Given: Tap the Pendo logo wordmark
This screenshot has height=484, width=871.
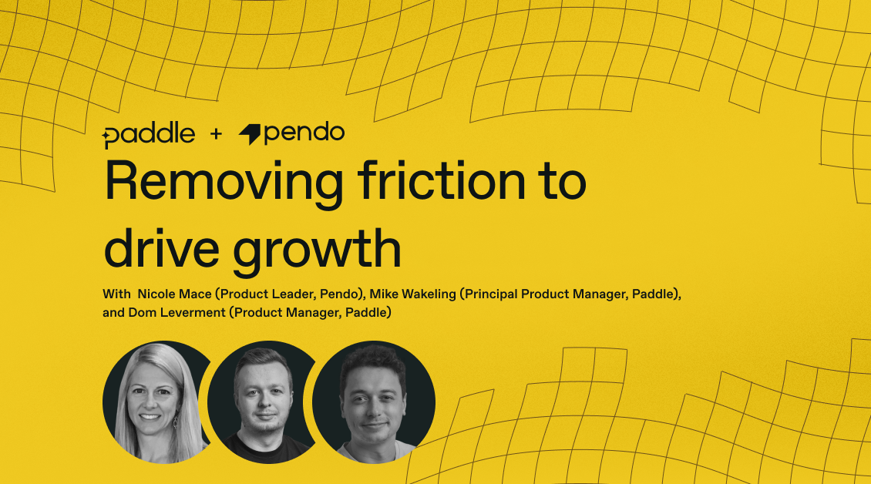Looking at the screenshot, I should pos(304,133).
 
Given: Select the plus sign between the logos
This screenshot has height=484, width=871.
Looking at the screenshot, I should pos(216,134).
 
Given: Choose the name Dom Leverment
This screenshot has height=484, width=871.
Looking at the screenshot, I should pos(177,313).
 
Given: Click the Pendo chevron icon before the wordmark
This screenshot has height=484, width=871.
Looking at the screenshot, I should pos(250,135).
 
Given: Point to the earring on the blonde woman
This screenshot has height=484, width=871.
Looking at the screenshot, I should pos(176,421).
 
